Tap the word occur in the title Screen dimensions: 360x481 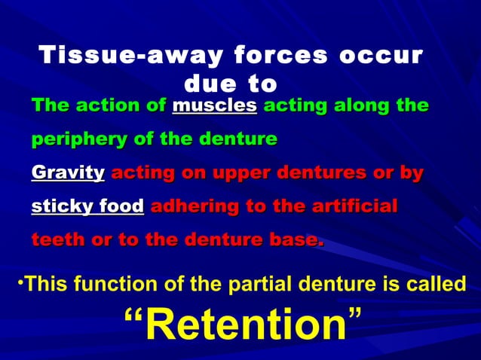[387, 56]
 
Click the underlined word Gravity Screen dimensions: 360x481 [68, 174]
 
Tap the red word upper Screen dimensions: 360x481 [232, 174]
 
